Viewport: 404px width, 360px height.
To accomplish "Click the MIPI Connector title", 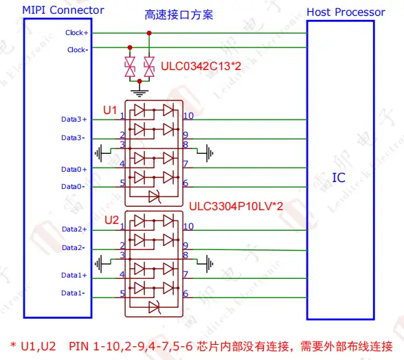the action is pyautogui.click(x=63, y=10).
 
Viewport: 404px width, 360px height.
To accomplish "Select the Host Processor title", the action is pyautogui.click(x=346, y=12).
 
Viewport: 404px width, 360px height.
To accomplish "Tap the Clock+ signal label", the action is pyautogui.click(x=76, y=33).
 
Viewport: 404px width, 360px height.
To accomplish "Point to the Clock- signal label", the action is pyautogui.click(x=78, y=49).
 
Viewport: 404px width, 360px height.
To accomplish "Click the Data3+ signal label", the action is pyautogui.click(x=74, y=120).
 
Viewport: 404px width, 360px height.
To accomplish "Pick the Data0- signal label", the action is pyautogui.click(x=73, y=186).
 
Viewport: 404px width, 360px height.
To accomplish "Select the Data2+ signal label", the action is pyautogui.click(x=74, y=229).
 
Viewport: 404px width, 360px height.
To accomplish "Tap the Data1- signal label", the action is pyautogui.click(x=73, y=293).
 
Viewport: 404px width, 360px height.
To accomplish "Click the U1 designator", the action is pyautogui.click(x=110, y=111).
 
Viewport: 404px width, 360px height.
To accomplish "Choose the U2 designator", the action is pyautogui.click(x=111, y=220).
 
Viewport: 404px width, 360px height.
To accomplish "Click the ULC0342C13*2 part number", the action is pyautogui.click(x=201, y=66).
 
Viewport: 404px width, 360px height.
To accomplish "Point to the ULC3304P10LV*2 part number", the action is pyautogui.click(x=236, y=206).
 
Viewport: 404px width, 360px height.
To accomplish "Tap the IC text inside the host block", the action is pyautogui.click(x=339, y=177).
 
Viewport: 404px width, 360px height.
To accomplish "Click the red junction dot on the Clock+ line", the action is pyautogui.click(x=149, y=33).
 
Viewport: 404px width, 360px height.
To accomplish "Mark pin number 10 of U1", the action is pyautogui.click(x=188, y=116).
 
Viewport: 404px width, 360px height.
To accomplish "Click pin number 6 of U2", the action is pyautogui.click(x=186, y=293).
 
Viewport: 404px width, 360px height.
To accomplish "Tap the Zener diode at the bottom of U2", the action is pyautogui.click(x=155, y=307).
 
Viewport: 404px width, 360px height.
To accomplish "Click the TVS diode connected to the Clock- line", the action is pyautogui.click(x=130, y=67).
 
